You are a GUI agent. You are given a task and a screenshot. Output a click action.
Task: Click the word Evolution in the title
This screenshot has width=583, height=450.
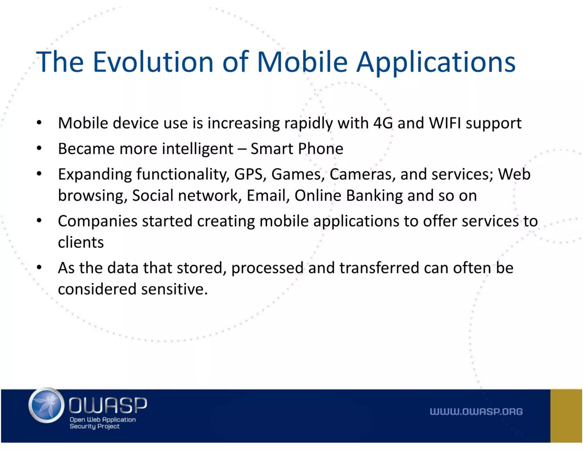tap(153, 62)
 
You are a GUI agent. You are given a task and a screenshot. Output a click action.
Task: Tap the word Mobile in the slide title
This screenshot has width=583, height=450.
tap(302, 62)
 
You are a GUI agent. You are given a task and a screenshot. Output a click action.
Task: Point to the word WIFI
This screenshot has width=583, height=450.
tap(445, 123)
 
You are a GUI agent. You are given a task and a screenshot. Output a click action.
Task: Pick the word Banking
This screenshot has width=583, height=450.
tap(374, 196)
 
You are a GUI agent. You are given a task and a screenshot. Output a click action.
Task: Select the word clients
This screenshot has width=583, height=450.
tap(81, 242)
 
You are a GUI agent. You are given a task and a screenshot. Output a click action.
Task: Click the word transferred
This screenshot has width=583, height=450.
tap(379, 268)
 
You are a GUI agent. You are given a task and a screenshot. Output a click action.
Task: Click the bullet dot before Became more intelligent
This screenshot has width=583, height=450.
tap(39, 148)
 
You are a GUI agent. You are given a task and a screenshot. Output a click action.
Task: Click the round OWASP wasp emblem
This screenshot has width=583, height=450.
tap(46, 405)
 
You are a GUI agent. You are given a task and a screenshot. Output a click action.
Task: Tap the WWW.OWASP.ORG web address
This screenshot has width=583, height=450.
tap(476, 412)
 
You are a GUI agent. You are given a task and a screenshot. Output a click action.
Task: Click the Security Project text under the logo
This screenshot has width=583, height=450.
tap(95, 426)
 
